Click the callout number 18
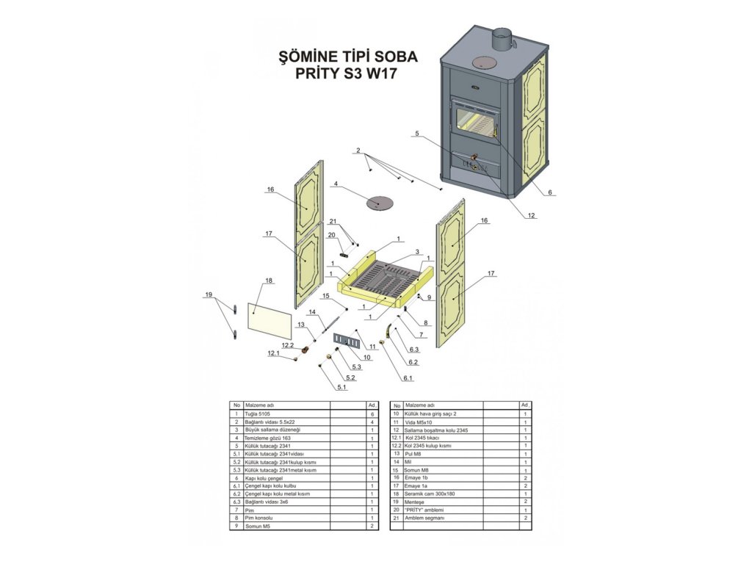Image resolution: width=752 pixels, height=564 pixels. point(269,281)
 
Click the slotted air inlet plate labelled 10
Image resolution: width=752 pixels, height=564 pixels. point(346,339)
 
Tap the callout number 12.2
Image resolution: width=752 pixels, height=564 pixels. point(287,345)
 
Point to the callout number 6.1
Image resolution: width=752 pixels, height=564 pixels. point(408,378)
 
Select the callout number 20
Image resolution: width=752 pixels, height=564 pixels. point(331,235)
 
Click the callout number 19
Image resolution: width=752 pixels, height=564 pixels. point(209,294)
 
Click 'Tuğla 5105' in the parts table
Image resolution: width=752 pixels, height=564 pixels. point(260,414)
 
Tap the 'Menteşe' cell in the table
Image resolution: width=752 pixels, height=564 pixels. point(416,502)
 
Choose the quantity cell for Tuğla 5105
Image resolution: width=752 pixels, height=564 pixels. point(372,414)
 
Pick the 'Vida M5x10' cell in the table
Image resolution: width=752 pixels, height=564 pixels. point(420,422)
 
